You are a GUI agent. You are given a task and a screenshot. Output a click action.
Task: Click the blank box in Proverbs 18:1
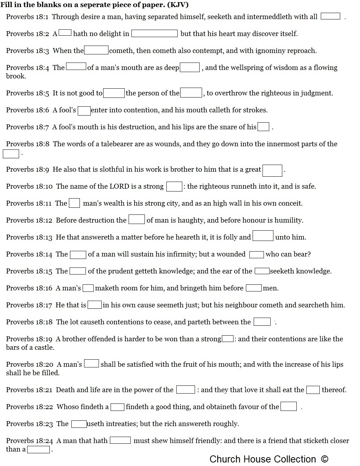(330, 17)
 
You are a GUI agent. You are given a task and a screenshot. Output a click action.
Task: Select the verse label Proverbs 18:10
(29, 186)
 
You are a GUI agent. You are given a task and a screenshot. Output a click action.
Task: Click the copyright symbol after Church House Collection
(325, 459)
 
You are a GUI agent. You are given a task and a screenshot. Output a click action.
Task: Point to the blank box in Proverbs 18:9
(272, 170)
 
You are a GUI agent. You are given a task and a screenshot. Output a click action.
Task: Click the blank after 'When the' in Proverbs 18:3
(96, 51)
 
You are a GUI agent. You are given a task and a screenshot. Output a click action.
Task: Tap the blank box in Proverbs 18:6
(84, 111)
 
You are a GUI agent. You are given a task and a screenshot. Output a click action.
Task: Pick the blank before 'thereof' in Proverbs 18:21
(313, 390)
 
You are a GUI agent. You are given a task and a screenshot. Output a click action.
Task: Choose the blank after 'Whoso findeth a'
(117, 407)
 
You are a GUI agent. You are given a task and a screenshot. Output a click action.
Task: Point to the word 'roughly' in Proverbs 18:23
(226, 424)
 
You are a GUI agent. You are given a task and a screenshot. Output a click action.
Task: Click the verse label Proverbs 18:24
(29, 441)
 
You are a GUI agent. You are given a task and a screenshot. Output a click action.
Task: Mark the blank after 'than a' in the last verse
(39, 450)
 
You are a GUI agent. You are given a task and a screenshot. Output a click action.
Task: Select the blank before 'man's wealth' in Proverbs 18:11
(74, 203)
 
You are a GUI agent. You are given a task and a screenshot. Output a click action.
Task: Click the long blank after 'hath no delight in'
(154, 34)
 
